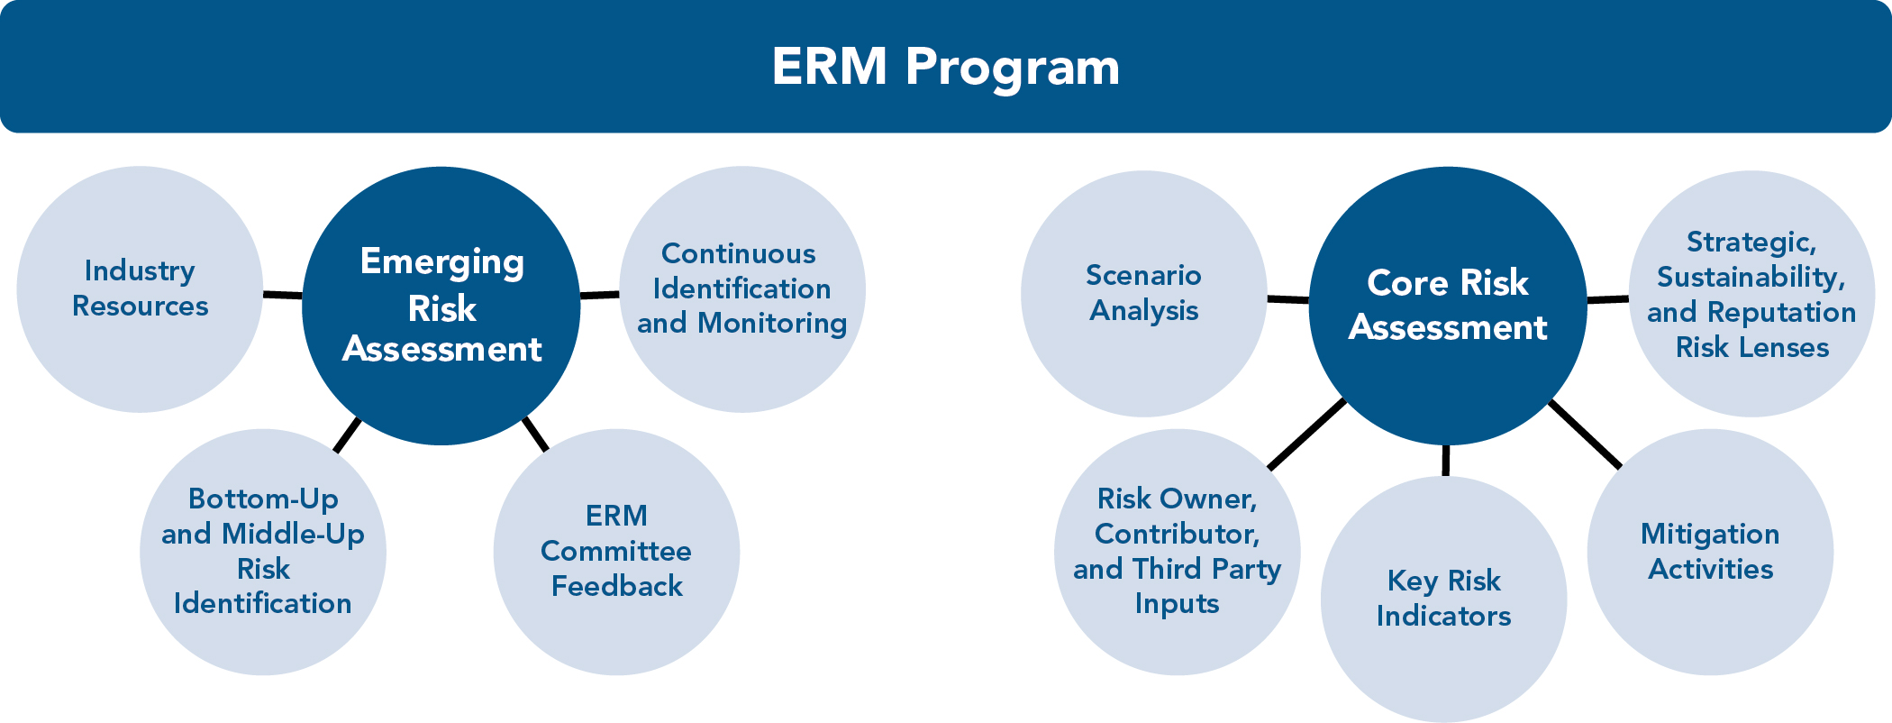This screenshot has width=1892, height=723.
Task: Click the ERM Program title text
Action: click(945, 67)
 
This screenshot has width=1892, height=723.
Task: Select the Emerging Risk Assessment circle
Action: click(441, 305)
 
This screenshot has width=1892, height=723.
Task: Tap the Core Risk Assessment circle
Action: click(1447, 305)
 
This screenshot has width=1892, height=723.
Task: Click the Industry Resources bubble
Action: click(140, 288)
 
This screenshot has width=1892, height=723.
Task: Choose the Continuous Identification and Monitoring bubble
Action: click(741, 288)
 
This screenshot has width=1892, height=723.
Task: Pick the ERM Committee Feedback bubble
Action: click(616, 551)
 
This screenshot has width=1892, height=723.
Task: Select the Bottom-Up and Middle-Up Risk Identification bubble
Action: click(262, 551)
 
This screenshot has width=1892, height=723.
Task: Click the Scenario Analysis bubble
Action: click(1143, 293)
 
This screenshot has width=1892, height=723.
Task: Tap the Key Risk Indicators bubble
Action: click(1443, 599)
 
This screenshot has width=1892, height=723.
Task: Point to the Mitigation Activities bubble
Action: click(1709, 551)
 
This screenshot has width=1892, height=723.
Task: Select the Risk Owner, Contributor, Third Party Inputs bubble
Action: click(1177, 551)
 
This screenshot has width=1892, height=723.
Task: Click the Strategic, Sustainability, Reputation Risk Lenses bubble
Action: click(1751, 294)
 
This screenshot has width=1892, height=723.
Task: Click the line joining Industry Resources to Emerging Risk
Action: click(282, 295)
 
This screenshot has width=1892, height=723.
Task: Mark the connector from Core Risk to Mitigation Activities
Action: click(1585, 435)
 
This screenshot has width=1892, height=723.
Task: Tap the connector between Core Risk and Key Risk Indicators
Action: click(1445, 460)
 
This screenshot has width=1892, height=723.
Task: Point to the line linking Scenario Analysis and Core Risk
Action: click(1287, 298)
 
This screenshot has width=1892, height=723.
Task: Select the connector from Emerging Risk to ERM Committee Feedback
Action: click(535, 434)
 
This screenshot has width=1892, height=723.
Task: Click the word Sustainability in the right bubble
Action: click(1751, 277)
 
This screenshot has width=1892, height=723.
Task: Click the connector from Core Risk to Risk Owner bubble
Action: click(1306, 435)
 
